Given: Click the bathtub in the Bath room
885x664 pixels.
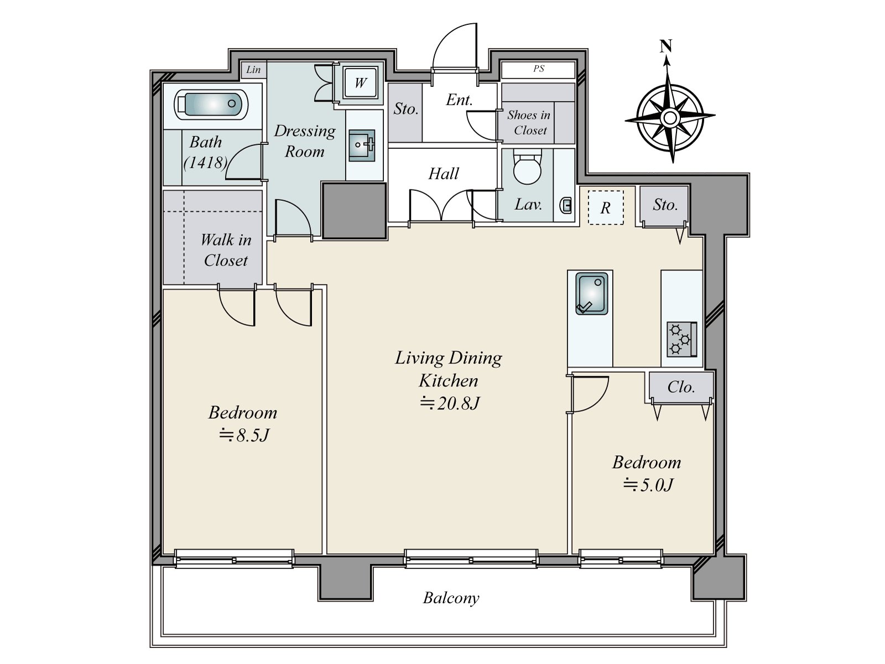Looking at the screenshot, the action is pyautogui.click(x=211, y=105).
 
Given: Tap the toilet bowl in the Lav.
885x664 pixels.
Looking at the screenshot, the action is pyautogui.click(x=527, y=167).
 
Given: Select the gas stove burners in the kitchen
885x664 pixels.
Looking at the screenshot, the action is pyautogui.click(x=682, y=339).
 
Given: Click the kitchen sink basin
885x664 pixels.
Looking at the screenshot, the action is pyautogui.click(x=591, y=293).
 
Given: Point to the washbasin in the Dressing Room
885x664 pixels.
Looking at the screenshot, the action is pyautogui.click(x=362, y=145).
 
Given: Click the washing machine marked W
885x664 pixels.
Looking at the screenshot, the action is pyautogui.click(x=361, y=83).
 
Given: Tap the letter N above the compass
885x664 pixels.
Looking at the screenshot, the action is pyautogui.click(x=666, y=46).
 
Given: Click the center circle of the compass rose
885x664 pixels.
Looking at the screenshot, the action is pyautogui.click(x=670, y=118).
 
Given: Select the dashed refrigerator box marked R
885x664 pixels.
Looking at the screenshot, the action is pyautogui.click(x=606, y=207).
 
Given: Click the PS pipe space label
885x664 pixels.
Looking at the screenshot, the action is pyautogui.click(x=539, y=69).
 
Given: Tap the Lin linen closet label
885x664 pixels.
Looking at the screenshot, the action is pyautogui.click(x=253, y=70).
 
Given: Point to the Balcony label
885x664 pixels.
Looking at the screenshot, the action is pyautogui.click(x=451, y=598).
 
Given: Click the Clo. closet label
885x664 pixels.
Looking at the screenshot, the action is pyautogui.click(x=681, y=387).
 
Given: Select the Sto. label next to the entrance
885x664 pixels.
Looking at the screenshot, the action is pyautogui.click(x=405, y=109).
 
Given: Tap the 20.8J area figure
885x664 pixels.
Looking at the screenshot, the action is pyautogui.click(x=450, y=403).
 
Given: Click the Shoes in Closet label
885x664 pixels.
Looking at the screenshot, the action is pyautogui.click(x=529, y=122).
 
